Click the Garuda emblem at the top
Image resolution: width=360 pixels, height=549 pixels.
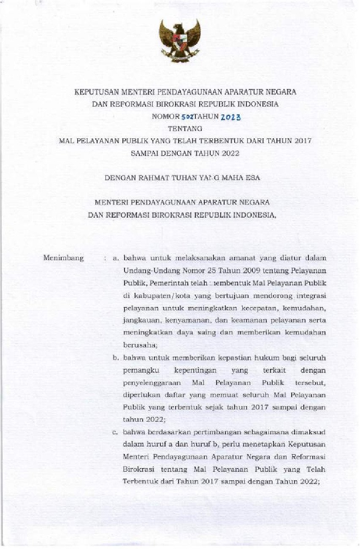[x=179, y=40]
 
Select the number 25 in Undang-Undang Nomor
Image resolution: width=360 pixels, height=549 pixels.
[x=195, y=270]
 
